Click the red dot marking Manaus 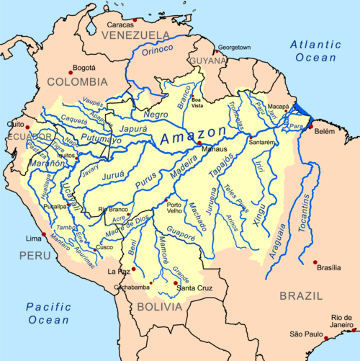pos(199,143)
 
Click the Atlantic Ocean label pos(315,52)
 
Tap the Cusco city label pos(106,247)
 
